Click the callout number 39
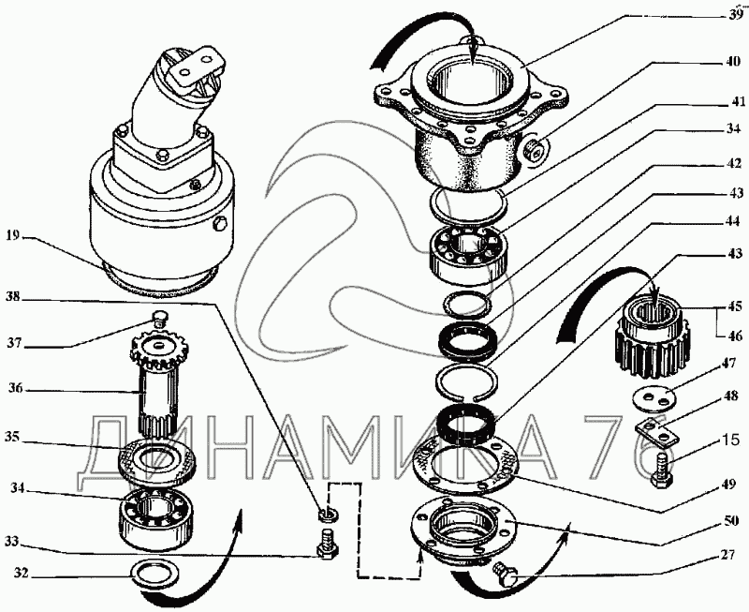point(734,15)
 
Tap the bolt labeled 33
point(327,545)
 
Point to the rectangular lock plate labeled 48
point(656,431)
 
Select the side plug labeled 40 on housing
point(534,150)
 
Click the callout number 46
point(734,336)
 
